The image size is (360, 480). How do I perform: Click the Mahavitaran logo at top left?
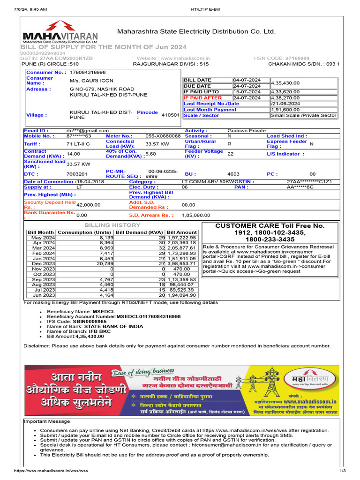[60, 37]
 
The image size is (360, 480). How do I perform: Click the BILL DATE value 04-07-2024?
[250, 80]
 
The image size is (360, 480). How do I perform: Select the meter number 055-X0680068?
[163, 136]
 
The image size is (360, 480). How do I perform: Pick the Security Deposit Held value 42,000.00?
[88, 205]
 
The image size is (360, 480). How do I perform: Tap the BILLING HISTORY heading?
[112, 225]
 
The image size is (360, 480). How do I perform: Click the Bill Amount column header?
[181, 232]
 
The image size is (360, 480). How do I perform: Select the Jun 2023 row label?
[43, 295]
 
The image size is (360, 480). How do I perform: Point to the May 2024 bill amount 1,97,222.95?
[181, 238]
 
